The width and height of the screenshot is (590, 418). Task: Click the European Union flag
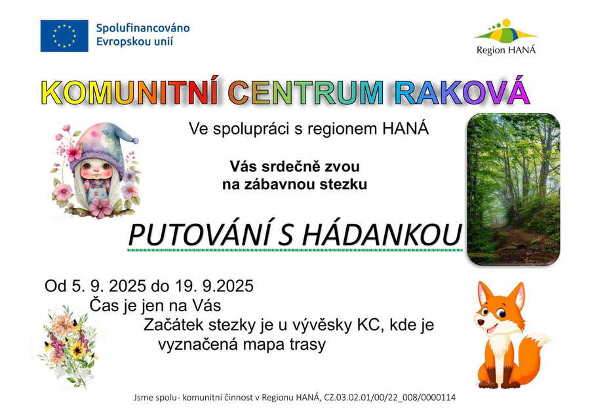(x=64, y=36)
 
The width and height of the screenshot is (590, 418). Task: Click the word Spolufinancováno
(x=143, y=28)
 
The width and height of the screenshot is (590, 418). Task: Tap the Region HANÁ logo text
(x=505, y=50)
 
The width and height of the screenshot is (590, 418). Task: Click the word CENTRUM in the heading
(x=305, y=93)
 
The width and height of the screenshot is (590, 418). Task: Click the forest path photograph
(x=513, y=189)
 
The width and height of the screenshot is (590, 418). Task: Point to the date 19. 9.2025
(x=214, y=286)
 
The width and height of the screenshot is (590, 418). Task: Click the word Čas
(x=103, y=305)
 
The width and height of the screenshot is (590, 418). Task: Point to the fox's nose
(x=481, y=322)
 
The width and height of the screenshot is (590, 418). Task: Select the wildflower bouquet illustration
(x=68, y=346)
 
